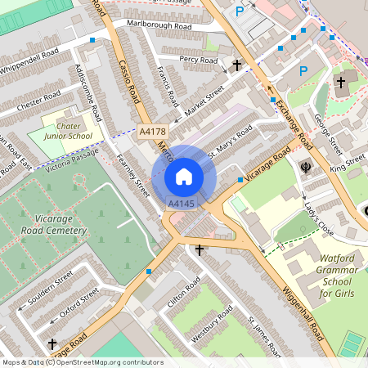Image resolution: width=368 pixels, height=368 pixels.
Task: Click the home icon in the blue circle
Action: coord(184,176)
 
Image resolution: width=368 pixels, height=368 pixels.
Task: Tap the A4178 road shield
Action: coord(154,131)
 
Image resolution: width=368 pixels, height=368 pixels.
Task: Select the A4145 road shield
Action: coord(182,203)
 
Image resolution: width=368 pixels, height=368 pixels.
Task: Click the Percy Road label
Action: coord(198,60)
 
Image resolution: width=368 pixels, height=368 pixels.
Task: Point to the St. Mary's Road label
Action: coord(230,141)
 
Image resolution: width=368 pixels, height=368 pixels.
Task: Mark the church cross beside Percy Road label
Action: coord(237,64)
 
